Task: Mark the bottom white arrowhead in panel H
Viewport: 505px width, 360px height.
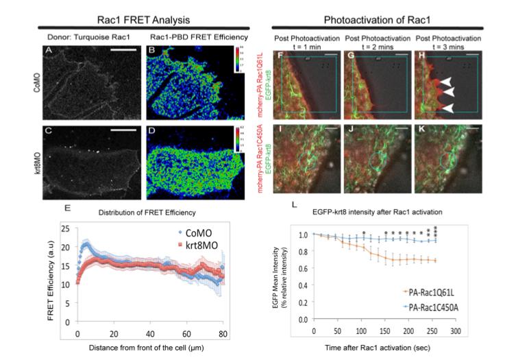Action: pyautogui.click(x=446, y=108)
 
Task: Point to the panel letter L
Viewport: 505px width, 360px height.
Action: pyautogui.click(x=294, y=204)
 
